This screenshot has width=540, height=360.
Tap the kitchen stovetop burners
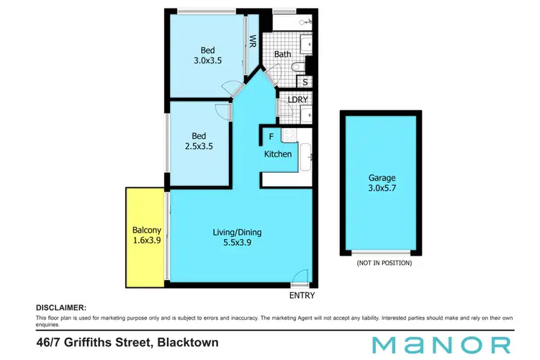pyautogui.click(x=289, y=135)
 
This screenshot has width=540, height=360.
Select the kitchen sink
pyautogui.click(x=305, y=154)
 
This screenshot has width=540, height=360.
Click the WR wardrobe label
pyautogui.click(x=253, y=42)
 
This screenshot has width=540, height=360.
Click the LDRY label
pyautogui.click(x=298, y=100)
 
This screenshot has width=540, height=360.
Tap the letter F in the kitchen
pyautogui.click(x=271, y=135)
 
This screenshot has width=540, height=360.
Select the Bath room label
pyautogui.click(x=282, y=53)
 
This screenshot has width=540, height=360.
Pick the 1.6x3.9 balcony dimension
pyautogui.click(x=145, y=242)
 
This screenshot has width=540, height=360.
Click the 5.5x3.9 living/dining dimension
pyautogui.click(x=237, y=243)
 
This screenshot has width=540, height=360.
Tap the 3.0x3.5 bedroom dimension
pyautogui.click(x=207, y=61)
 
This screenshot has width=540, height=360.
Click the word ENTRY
pyautogui.click(x=302, y=295)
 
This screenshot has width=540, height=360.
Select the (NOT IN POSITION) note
pyautogui.click(x=384, y=264)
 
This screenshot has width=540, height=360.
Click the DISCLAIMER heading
pyautogui.click(x=60, y=307)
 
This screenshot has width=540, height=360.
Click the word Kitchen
pyautogui.click(x=278, y=154)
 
